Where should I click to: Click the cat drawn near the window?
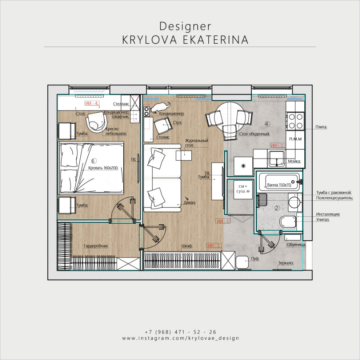click(160, 107)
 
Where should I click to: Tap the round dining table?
click(230, 117)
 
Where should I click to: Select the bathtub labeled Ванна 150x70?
click(279, 182)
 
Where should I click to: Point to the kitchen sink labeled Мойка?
click(277, 159)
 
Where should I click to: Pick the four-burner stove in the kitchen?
click(296, 121)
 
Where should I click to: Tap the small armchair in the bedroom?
click(96, 122)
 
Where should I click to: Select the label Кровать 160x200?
click(103, 168)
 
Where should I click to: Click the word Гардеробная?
click(96, 246)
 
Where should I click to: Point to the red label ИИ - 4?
click(92, 103)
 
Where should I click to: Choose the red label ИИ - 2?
click(214, 245)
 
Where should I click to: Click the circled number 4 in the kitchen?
click(267, 124)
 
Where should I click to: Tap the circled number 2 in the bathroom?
click(277, 208)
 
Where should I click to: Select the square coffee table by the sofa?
click(184, 155)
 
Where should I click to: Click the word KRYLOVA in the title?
click(150, 40)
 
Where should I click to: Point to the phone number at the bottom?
click(181, 332)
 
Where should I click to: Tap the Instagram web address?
click(181, 338)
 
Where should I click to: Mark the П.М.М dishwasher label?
click(295, 139)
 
